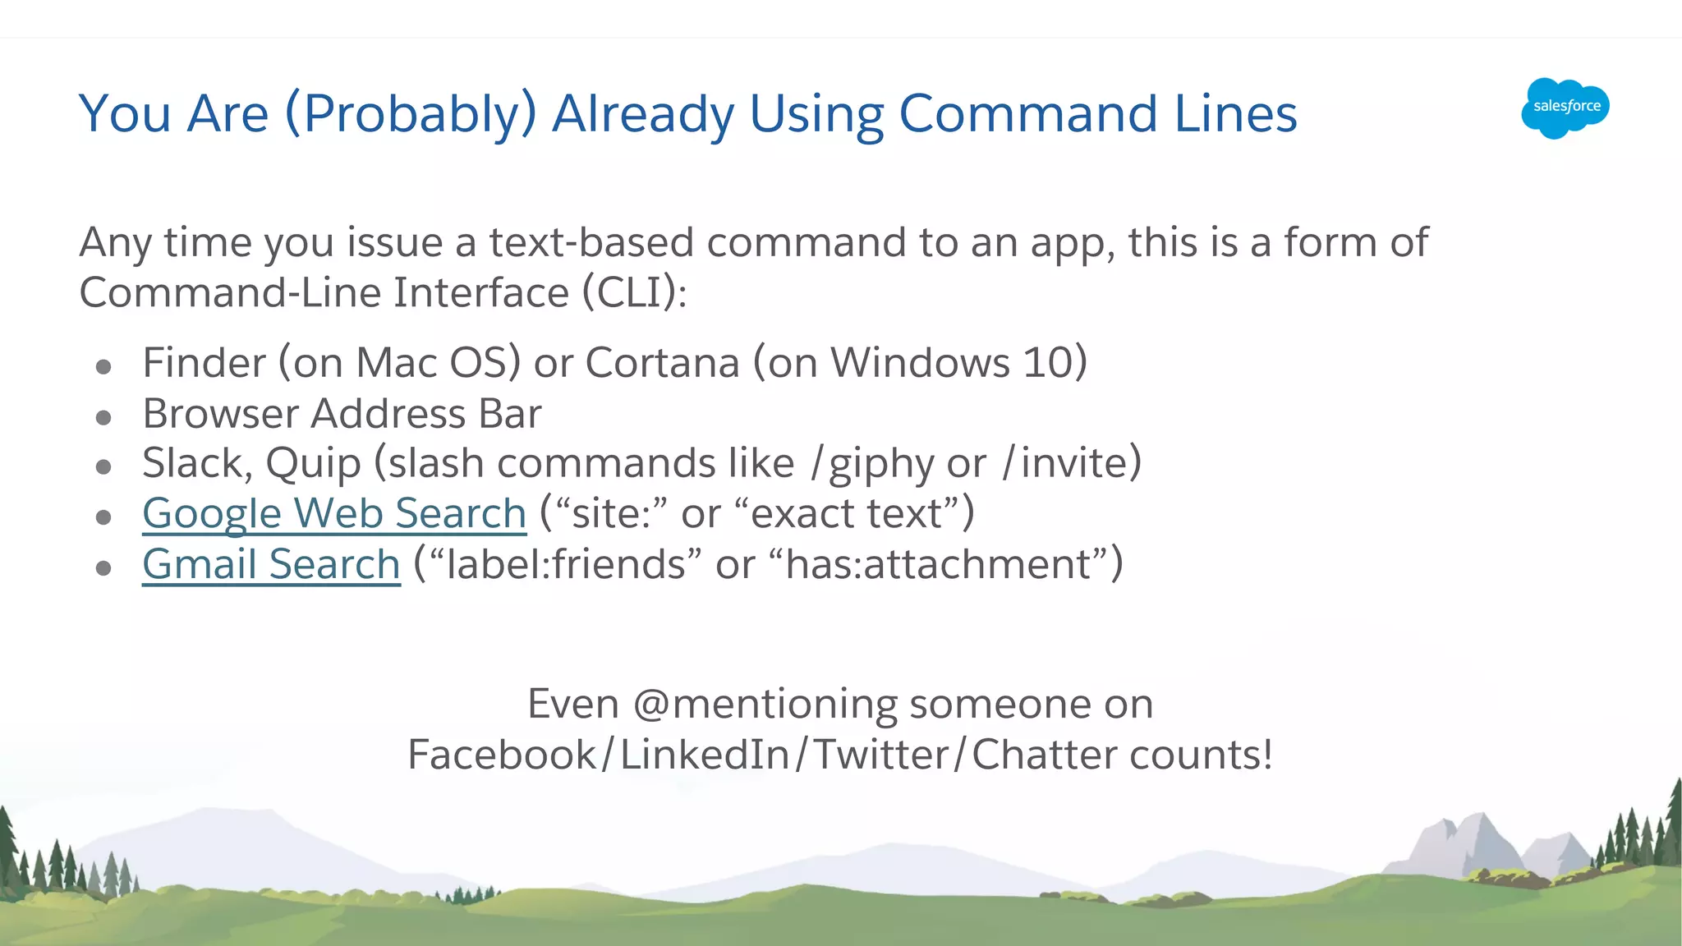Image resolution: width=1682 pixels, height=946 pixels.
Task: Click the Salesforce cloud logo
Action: (x=1565, y=108)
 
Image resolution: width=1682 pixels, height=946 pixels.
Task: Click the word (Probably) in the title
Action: (x=411, y=114)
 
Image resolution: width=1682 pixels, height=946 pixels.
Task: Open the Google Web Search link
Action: (x=334, y=514)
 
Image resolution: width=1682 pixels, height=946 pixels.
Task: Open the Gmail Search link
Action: (x=271, y=565)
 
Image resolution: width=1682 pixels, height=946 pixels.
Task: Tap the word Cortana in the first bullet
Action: (x=662, y=363)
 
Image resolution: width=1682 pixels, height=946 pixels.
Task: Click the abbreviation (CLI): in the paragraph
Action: (x=634, y=293)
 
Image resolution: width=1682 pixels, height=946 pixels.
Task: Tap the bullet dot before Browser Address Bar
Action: (x=103, y=418)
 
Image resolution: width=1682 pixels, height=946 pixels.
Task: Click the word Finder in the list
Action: (x=205, y=363)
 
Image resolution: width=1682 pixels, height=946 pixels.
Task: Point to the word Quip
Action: (x=313, y=464)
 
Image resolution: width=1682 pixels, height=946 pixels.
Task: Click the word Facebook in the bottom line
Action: (x=503, y=755)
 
